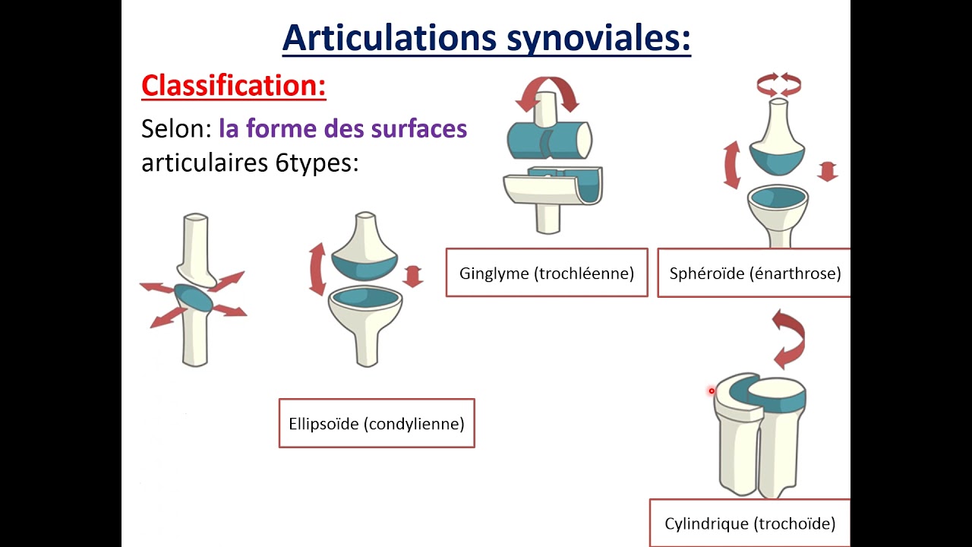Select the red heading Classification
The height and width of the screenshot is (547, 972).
[x=233, y=86]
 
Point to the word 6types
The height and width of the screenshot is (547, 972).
[x=317, y=163]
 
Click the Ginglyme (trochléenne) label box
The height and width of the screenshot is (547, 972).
[x=547, y=273]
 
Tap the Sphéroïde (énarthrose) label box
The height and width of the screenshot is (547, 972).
[x=755, y=273]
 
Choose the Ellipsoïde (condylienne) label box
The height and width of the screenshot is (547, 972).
[x=377, y=423]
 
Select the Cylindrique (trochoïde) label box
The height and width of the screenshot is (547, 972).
[x=750, y=523]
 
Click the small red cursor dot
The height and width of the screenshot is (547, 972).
[x=712, y=391]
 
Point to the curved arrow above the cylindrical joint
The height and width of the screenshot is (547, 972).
[x=790, y=338]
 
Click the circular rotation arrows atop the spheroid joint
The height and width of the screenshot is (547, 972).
[x=779, y=84]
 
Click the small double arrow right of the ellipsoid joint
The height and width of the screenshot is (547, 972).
[x=412, y=276]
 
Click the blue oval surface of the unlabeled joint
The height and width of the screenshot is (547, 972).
[x=194, y=298]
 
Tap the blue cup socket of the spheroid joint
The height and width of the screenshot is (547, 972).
[x=778, y=198]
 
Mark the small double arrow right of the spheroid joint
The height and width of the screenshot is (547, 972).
[x=828, y=170]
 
